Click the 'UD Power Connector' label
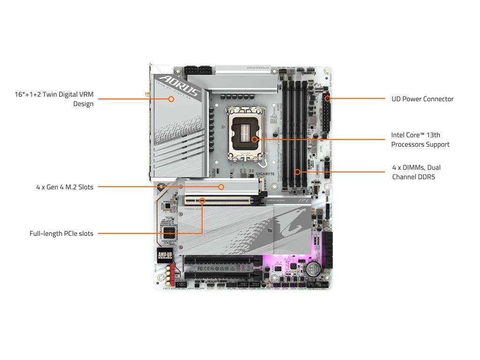click(x=422, y=99)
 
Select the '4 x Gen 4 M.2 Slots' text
click(x=65, y=187)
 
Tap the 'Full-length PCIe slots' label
click(x=61, y=233)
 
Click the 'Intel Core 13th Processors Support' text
click(x=420, y=140)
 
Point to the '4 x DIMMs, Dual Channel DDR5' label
click(x=416, y=172)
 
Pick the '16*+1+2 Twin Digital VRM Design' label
click(x=54, y=99)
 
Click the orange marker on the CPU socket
click(x=254, y=139)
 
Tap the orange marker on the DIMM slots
click(x=297, y=172)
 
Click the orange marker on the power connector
click(x=327, y=99)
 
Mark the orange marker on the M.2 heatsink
click(x=221, y=187)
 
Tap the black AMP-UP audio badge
click(x=165, y=255)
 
